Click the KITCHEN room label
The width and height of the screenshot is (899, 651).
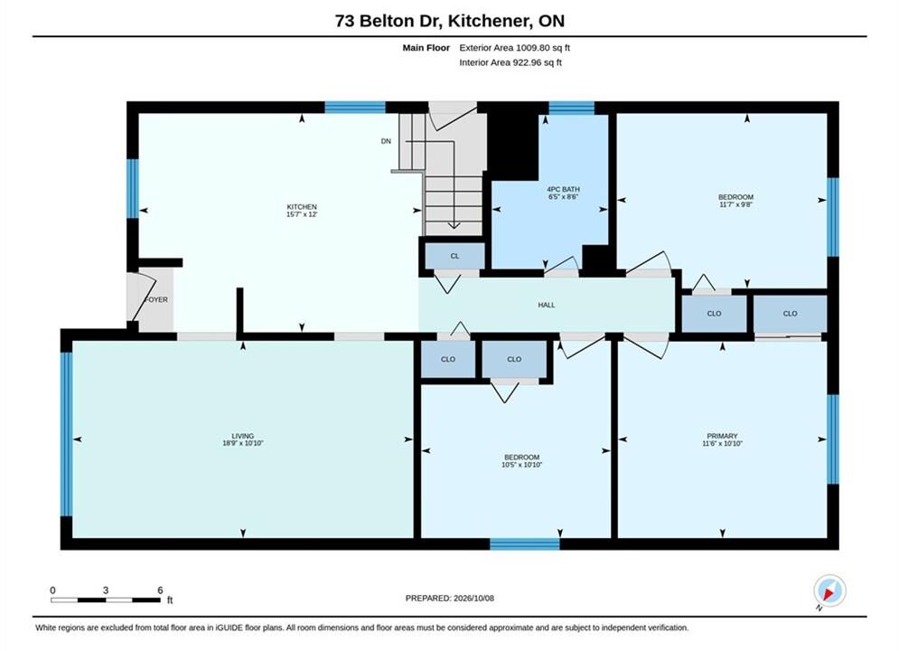[x=302, y=206]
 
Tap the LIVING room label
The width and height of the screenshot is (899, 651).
[x=242, y=436]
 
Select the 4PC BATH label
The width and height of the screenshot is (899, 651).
[x=563, y=189]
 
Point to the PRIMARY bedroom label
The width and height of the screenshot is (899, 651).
[x=722, y=436]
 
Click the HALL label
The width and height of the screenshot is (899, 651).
[x=547, y=305]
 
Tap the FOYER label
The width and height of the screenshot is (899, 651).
[x=156, y=299]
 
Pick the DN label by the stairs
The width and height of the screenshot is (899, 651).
[x=386, y=141]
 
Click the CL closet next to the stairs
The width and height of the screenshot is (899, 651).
[x=454, y=257]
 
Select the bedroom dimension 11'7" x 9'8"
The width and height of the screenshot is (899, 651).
[x=735, y=204]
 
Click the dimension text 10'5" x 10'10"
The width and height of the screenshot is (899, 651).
[x=521, y=465]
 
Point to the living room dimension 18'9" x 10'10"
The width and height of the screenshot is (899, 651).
[x=242, y=443]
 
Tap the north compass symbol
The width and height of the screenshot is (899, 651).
[x=829, y=590]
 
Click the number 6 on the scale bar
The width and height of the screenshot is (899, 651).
[x=160, y=590]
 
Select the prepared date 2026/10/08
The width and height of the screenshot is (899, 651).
[x=473, y=599]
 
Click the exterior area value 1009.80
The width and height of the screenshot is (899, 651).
[x=532, y=48]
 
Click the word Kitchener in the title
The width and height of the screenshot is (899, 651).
[x=489, y=21]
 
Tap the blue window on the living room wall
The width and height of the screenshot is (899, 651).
[x=67, y=434]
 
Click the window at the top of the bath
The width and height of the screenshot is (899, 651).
[x=572, y=108]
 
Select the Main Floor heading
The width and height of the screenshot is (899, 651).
[x=426, y=48]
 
